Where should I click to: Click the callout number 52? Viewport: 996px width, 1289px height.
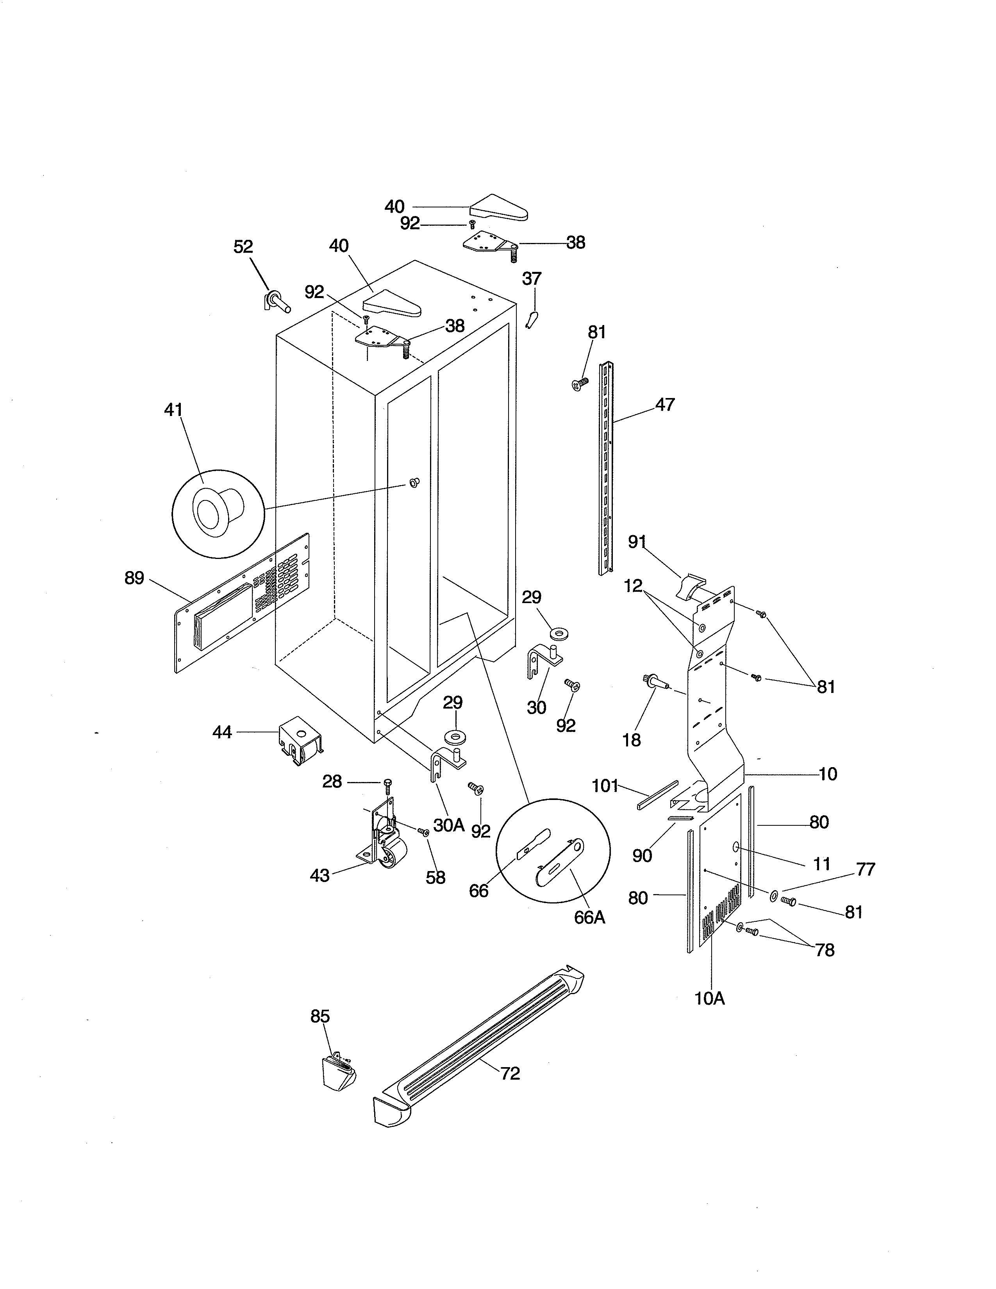[x=243, y=247]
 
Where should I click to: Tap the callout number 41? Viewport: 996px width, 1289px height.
[x=173, y=410]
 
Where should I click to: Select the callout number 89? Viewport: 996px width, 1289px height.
[x=134, y=578]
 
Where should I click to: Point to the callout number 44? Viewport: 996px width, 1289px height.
[x=222, y=732]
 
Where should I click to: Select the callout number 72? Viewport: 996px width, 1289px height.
[x=510, y=1073]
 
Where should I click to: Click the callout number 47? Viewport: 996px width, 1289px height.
[x=665, y=405]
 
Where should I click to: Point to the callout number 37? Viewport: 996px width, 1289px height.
[x=532, y=278]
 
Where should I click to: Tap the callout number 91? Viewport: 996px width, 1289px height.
[x=637, y=542]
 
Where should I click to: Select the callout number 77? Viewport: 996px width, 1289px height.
[x=866, y=869]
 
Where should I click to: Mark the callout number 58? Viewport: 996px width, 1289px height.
[x=436, y=878]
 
